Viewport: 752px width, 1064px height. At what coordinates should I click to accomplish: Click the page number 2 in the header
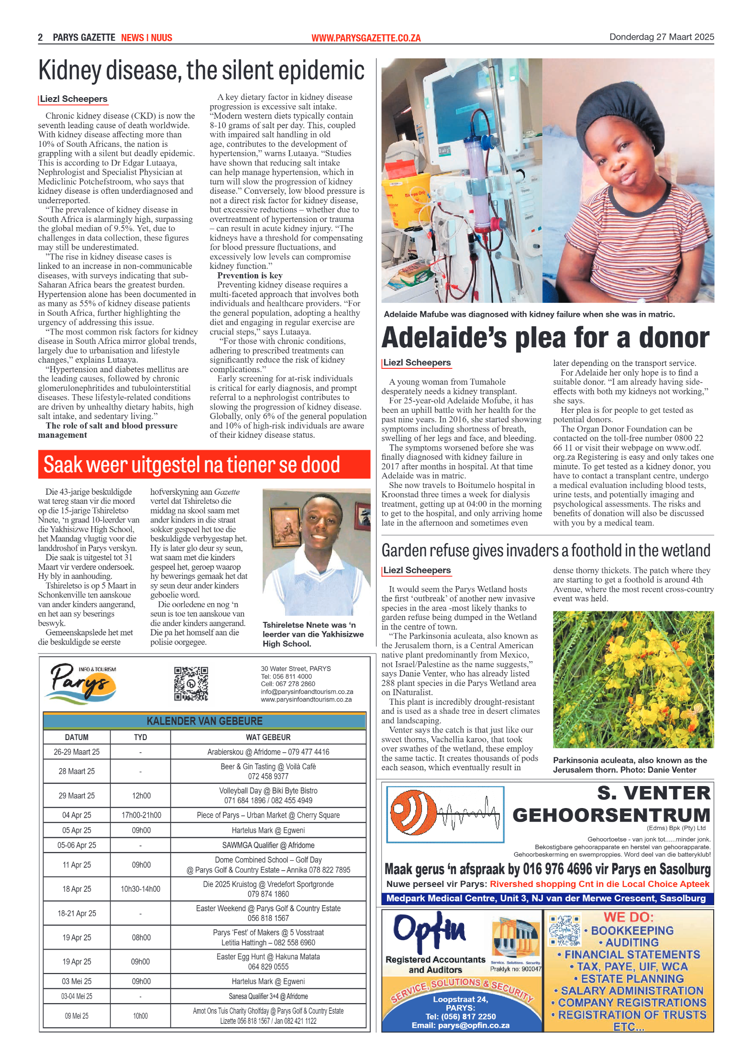41,37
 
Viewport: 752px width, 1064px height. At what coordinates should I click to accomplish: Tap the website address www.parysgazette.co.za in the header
366,38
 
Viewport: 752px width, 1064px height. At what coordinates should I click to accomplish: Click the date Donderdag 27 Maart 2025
661,37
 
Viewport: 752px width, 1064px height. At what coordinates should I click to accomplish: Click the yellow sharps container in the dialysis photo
407,206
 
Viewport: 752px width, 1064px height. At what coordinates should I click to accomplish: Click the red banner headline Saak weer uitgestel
191,465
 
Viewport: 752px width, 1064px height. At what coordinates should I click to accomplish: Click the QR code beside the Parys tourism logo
191,684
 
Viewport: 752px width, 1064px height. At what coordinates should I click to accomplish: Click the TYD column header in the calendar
140,737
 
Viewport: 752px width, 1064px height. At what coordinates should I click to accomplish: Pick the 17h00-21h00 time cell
141,815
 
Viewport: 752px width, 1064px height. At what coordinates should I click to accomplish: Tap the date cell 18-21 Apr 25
77,913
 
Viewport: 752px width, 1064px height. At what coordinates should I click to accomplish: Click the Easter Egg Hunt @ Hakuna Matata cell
268,962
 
